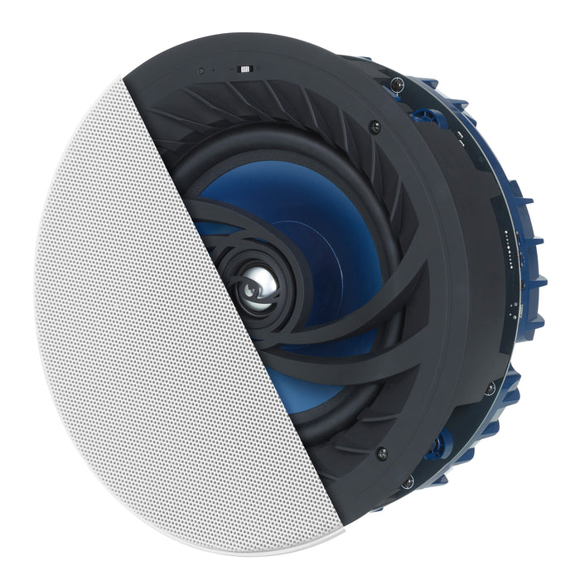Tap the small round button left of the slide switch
201,71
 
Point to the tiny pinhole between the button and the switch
214,71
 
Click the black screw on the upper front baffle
375,127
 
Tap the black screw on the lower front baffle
381,453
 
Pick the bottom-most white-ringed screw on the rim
408,481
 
